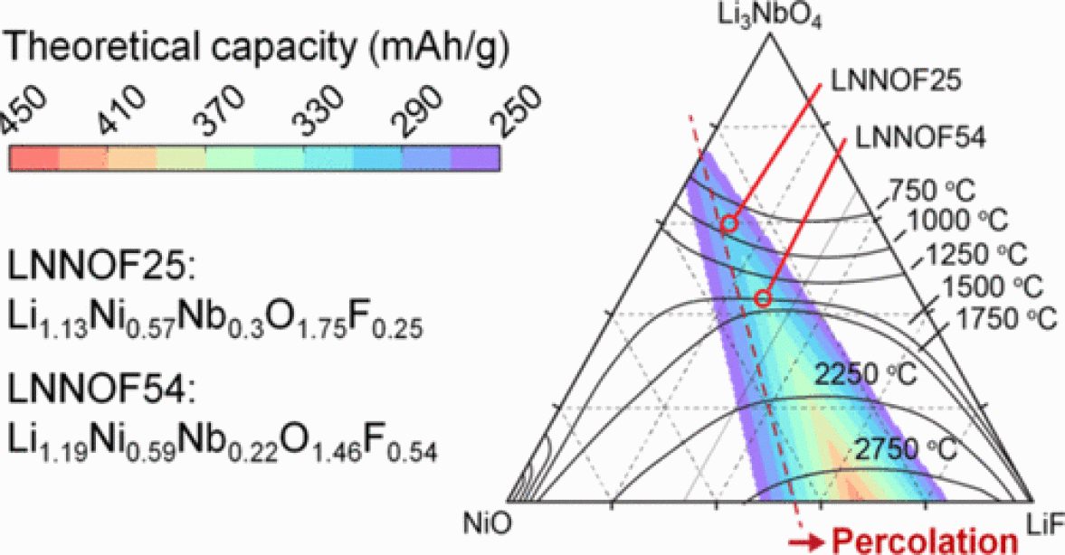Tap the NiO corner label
[482, 523]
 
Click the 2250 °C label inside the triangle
[863, 373]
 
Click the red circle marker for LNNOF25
[728, 224]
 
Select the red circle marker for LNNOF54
[763, 299]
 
